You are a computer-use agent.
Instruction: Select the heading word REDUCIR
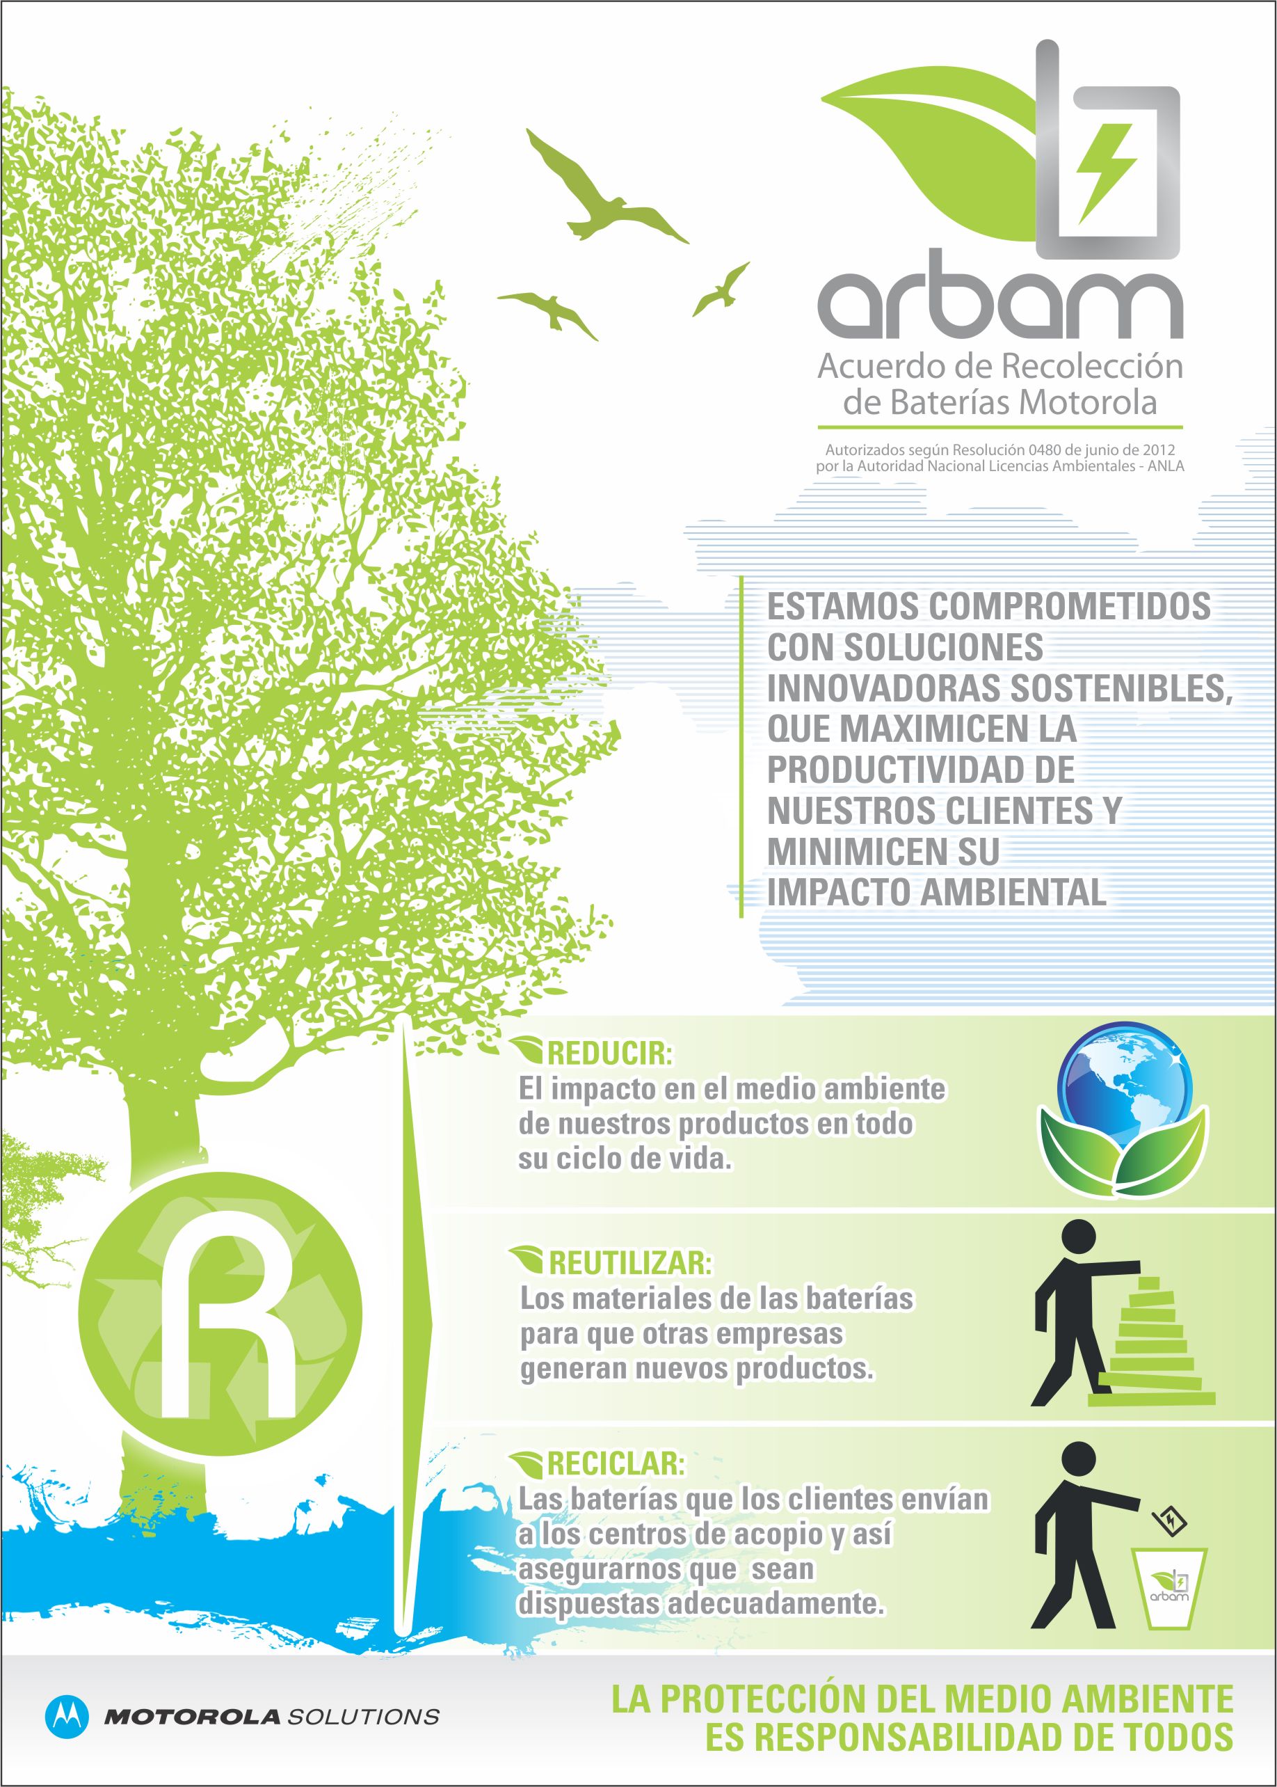(x=609, y=1053)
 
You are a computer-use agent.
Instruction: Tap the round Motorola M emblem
(x=67, y=1715)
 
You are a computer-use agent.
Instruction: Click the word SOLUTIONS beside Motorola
(x=363, y=1716)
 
